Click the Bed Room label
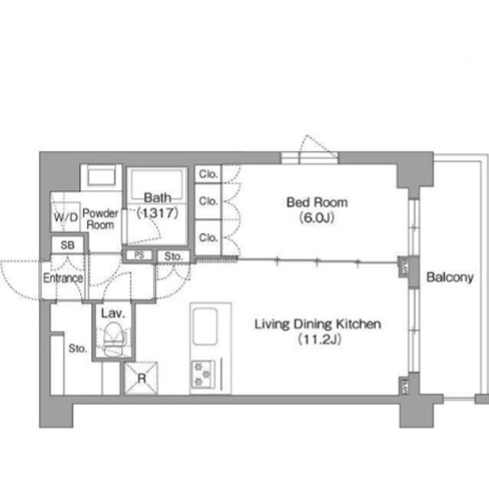(317, 202)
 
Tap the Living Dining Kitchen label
(318, 324)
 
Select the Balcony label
(450, 277)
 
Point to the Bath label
(157, 198)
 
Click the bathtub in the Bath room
(157, 185)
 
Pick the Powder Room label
(100, 219)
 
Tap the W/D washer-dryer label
(66, 217)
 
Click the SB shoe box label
(68, 245)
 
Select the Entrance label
(63, 278)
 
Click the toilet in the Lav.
(114, 339)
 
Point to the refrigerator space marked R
(141, 378)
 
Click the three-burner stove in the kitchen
(203, 374)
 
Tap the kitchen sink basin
(205, 326)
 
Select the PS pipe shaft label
(139, 255)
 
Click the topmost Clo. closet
(208, 173)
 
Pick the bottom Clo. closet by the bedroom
(208, 238)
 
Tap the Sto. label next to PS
(173, 257)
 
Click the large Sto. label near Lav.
(77, 348)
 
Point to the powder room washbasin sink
(102, 176)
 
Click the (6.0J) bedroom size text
(317, 217)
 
